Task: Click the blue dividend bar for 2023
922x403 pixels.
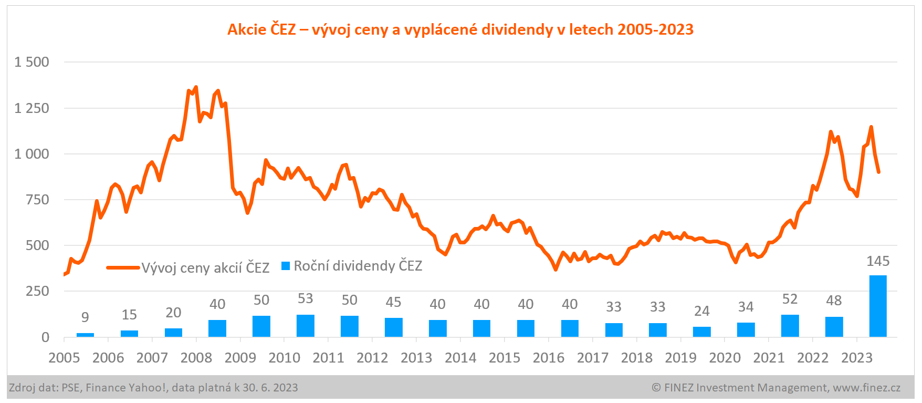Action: tap(878, 306)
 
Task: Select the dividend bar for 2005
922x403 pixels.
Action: tap(85, 335)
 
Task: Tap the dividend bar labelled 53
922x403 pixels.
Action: tap(305, 326)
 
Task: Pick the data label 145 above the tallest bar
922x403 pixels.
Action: tap(878, 261)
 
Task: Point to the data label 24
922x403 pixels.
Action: tap(701, 311)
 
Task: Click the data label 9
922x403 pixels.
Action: tap(85, 317)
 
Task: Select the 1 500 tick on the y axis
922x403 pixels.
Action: tap(32, 62)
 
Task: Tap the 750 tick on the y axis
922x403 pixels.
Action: tap(37, 200)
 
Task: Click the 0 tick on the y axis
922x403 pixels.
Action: tap(45, 337)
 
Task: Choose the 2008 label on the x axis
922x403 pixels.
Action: tap(196, 358)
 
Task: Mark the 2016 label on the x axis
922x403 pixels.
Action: tap(548, 358)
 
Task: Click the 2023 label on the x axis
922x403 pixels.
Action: tap(856, 358)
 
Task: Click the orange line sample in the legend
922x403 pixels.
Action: tap(123, 267)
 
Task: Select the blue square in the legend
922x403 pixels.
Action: tap(286, 266)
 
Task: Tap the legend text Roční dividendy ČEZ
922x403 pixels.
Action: tap(358, 266)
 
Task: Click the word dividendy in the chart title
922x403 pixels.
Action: tap(517, 29)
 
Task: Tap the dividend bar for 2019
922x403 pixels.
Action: tap(701, 332)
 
